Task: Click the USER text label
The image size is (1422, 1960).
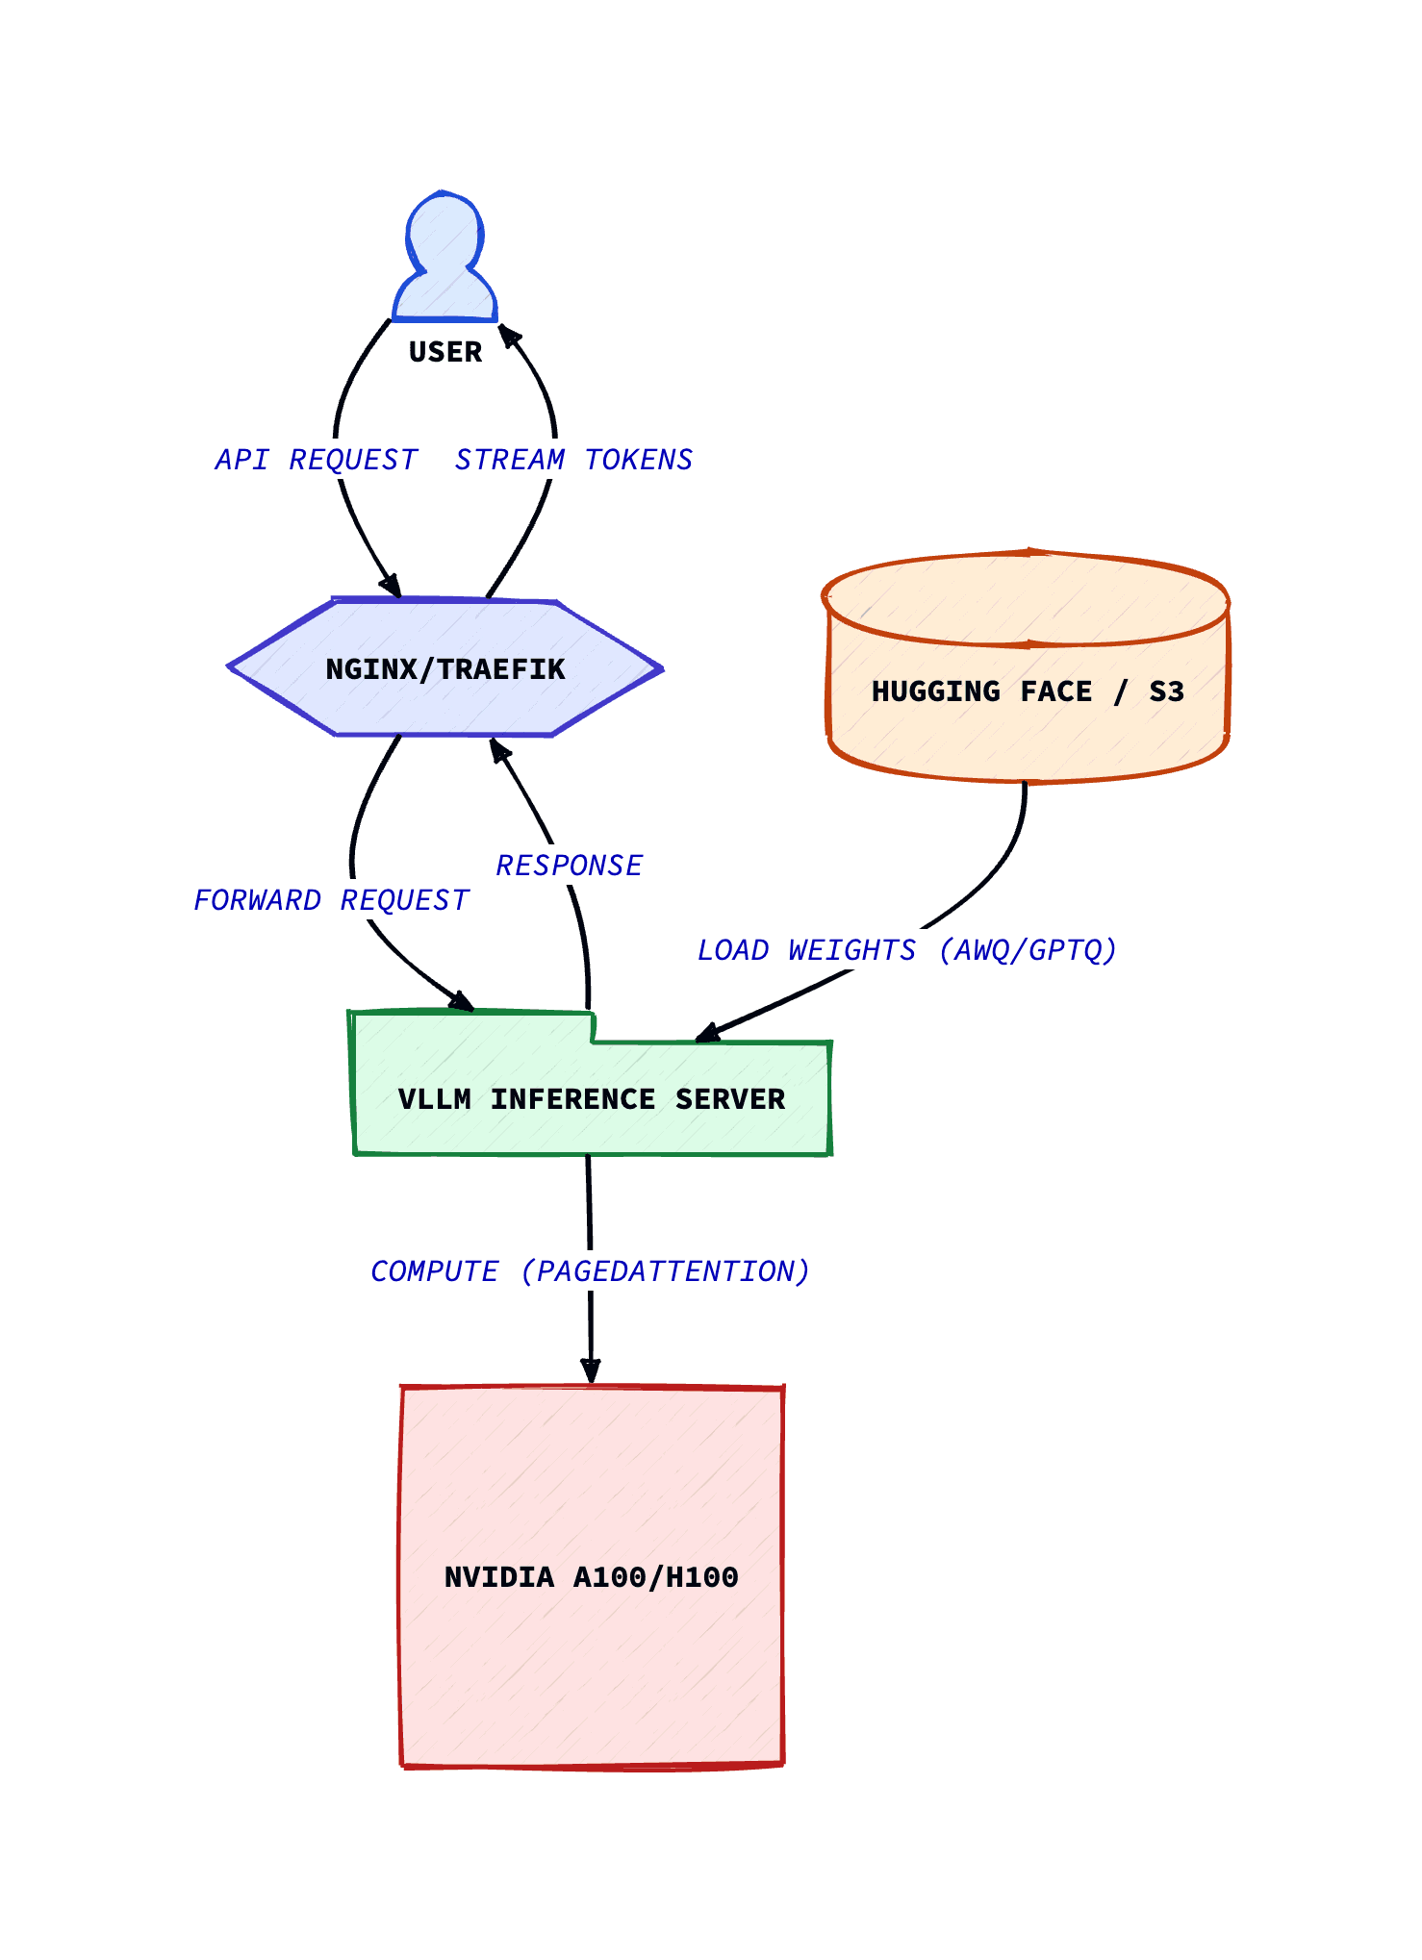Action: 444,352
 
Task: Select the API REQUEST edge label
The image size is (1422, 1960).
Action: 317,460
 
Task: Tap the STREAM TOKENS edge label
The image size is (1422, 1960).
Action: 573,460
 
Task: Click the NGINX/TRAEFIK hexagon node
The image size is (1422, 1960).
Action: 444,668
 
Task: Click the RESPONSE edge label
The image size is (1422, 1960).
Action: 569,866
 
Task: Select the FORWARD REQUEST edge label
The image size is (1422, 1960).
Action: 331,900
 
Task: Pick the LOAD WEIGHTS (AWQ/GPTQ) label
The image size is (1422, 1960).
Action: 906,950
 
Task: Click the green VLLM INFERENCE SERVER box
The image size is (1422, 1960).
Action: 591,1099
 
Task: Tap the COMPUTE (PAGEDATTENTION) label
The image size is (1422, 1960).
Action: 590,1271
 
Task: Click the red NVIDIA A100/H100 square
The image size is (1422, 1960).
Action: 591,1577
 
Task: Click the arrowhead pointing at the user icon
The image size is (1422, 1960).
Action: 506,334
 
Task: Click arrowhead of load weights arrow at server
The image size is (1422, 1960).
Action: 707,1035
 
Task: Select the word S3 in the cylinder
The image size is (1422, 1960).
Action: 1166,691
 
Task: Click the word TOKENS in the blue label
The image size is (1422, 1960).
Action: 639,460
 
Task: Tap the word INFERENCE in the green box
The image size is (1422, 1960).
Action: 572,1099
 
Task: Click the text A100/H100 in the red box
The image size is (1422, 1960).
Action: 655,1577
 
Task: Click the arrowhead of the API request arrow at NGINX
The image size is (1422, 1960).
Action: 392,587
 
